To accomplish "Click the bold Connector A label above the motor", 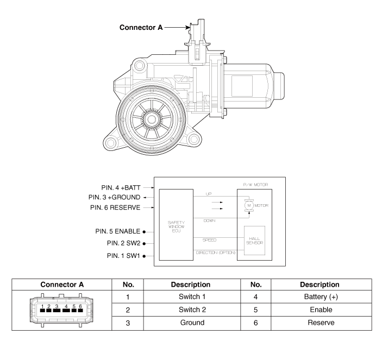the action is [x=141, y=28].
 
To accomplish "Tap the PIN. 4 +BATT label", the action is [x=121, y=188].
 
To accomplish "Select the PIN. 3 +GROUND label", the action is [x=115, y=197].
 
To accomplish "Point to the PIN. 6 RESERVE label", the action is [x=115, y=207].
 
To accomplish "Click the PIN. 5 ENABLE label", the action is [x=118, y=231].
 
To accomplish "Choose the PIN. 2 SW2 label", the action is [x=124, y=243].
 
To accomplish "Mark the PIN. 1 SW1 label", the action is [x=123, y=256].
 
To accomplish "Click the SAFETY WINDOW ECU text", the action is [x=176, y=226].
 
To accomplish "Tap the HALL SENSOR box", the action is [x=255, y=241].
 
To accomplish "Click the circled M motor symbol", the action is [x=249, y=205].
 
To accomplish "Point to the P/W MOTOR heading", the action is [x=255, y=185].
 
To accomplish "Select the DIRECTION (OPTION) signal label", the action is [x=216, y=252].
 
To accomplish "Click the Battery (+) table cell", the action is [x=321, y=296].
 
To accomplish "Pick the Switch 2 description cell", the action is [x=192, y=310].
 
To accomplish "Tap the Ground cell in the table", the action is [x=192, y=323].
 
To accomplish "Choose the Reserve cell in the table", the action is [x=321, y=323].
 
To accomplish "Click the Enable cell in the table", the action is [x=321, y=310].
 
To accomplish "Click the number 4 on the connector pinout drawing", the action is [x=66, y=306].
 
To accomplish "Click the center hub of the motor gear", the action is [x=152, y=119].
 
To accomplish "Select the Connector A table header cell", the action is [x=62, y=285].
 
